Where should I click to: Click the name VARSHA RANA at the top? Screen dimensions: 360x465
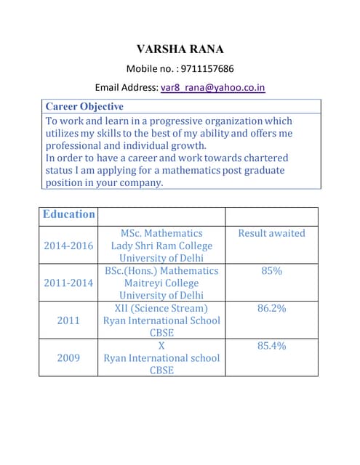(x=180, y=49)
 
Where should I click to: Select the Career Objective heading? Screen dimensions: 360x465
(x=84, y=107)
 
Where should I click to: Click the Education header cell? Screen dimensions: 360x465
(x=69, y=214)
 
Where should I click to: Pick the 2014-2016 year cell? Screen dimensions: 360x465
(x=69, y=246)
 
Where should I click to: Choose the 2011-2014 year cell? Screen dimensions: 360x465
(x=69, y=283)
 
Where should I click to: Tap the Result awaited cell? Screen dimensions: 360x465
(x=272, y=233)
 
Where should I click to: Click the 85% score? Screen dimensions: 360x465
(x=272, y=270)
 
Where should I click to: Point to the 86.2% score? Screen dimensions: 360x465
(x=272, y=308)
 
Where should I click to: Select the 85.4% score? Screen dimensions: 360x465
(x=272, y=345)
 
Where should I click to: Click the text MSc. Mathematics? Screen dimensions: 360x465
(x=161, y=233)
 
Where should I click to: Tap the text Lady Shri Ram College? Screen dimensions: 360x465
(x=161, y=246)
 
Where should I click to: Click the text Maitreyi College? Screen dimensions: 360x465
(x=161, y=283)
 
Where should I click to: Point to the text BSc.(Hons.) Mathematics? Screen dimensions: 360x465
(x=161, y=270)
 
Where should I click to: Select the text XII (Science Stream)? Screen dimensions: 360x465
(x=161, y=308)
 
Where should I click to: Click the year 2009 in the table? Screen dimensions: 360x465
(x=69, y=357)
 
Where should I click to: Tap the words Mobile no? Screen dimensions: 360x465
(x=151, y=69)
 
